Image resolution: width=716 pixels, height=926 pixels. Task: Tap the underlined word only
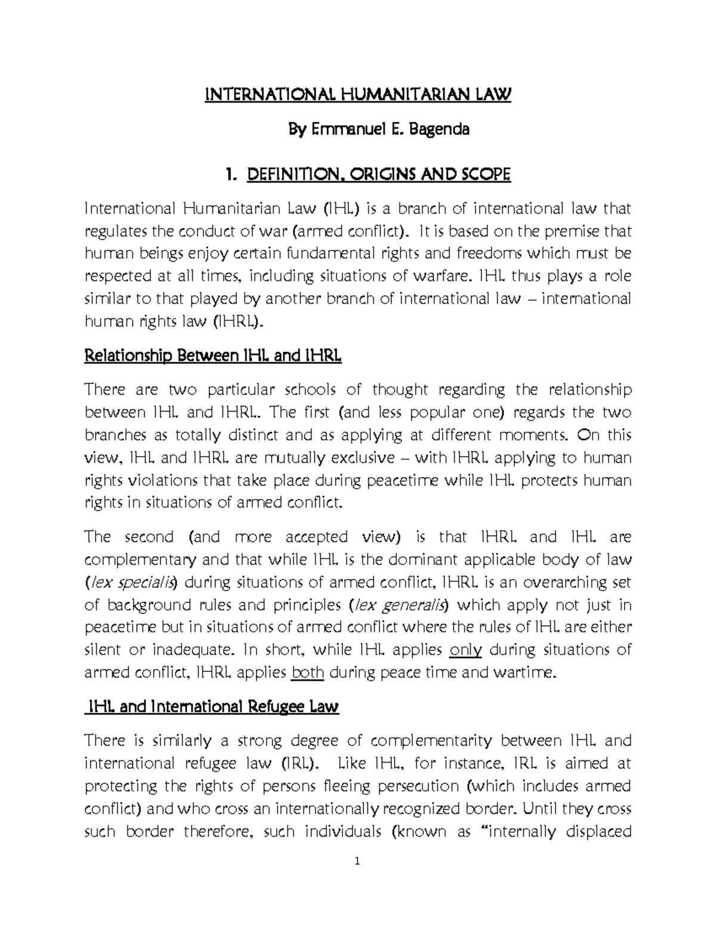[x=465, y=649]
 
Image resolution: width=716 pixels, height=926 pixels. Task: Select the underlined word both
[x=307, y=673]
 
